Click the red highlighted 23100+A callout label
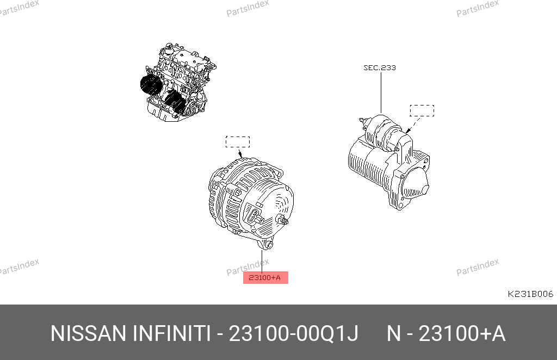tap(265, 278)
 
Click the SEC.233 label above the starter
tap(379, 67)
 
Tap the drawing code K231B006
tap(530, 294)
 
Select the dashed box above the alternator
tap(238, 141)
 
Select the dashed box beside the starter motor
tap(422, 110)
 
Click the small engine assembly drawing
tap(178, 82)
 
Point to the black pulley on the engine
tap(151, 85)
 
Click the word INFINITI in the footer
tap(172, 333)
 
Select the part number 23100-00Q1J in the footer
tap(293, 333)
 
